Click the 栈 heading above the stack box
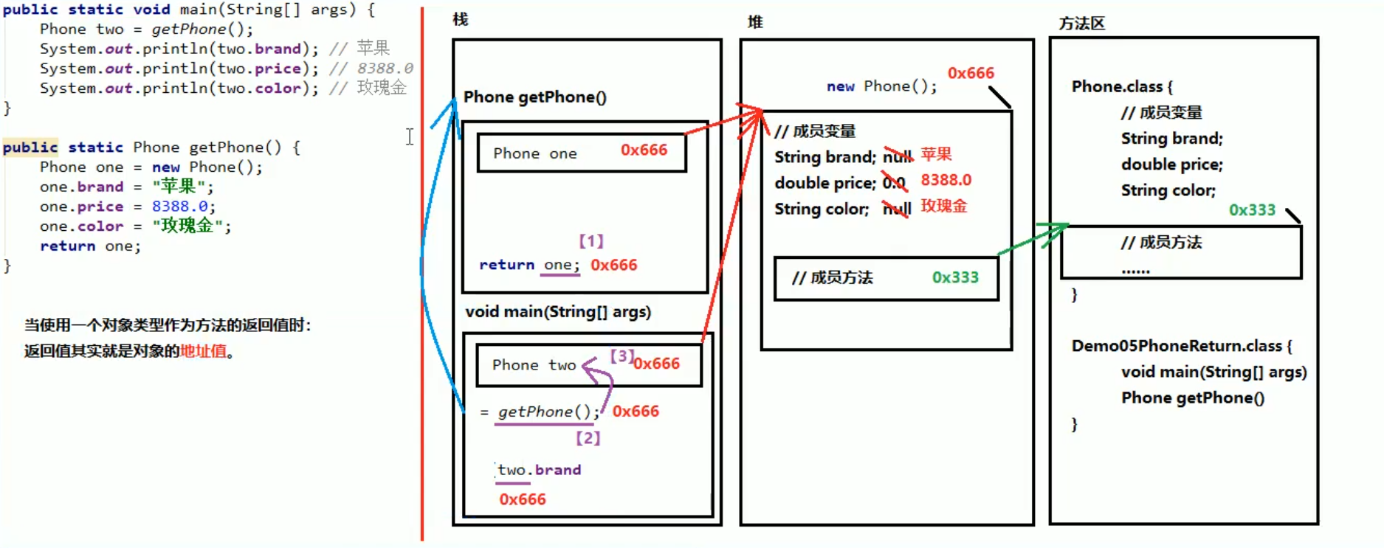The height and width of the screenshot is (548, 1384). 461,19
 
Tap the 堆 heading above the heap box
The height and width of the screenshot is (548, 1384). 755,22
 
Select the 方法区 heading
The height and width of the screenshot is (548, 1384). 1081,24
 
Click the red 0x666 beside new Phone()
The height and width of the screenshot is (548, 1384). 971,73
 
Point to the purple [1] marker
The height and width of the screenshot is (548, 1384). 591,241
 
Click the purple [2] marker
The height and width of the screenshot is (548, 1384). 588,438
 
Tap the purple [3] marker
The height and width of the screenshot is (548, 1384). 622,356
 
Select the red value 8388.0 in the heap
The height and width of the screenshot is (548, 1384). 946,180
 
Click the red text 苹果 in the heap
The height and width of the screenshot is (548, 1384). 936,154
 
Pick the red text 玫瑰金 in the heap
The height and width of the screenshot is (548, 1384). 943,206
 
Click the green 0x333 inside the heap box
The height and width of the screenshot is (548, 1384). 955,277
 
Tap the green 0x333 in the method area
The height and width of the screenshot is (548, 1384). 1252,210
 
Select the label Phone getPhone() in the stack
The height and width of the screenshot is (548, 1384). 534,97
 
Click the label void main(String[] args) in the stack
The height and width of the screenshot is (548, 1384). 558,312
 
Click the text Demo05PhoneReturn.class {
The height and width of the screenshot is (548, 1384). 1181,346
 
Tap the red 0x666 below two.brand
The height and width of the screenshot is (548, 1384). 523,499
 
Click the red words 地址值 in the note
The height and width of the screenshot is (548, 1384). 203,351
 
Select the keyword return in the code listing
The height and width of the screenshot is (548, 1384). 67,246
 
